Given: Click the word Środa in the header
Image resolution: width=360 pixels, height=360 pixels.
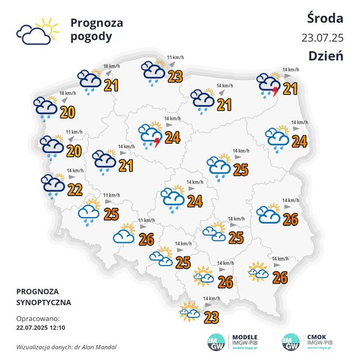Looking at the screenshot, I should click(325, 18).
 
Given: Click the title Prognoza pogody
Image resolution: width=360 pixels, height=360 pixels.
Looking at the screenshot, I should click(97, 30).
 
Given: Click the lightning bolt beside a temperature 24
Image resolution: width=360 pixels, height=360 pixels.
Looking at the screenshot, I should click(157, 143).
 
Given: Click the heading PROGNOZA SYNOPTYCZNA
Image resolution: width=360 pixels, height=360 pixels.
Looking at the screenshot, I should click(43, 297).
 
